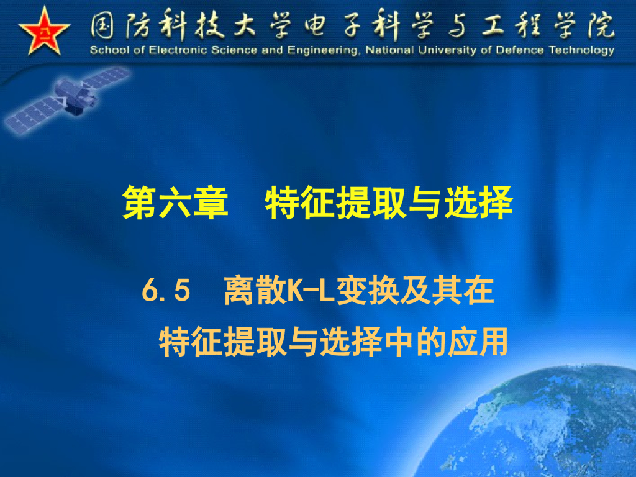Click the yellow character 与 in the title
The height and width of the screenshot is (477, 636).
[424, 202]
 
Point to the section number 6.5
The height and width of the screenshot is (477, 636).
[165, 291]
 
